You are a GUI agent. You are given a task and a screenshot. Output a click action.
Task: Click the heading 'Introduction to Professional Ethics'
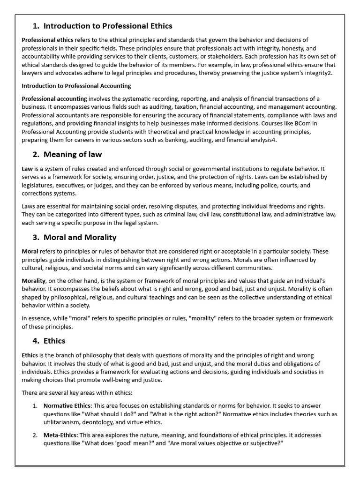pos(108,26)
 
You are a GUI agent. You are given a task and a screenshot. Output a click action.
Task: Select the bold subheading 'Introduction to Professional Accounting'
pos(76,86)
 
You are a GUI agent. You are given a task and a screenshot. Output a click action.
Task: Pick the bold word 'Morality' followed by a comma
pos(33,280)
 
